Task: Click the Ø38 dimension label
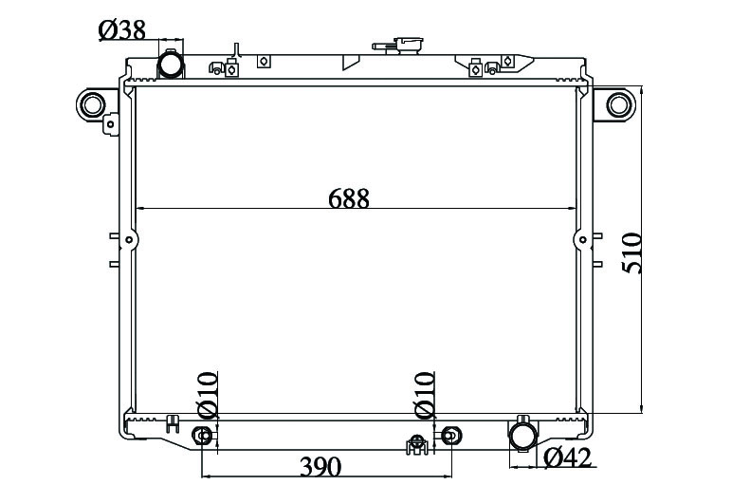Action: point(121,30)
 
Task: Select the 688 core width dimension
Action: point(349,198)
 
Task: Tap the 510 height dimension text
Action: point(631,252)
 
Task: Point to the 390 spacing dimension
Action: point(320,467)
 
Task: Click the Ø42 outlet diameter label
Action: point(568,457)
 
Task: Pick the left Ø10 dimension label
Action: point(208,395)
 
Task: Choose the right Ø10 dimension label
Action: point(425,395)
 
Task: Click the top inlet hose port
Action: point(171,64)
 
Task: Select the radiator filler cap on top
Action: point(398,46)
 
